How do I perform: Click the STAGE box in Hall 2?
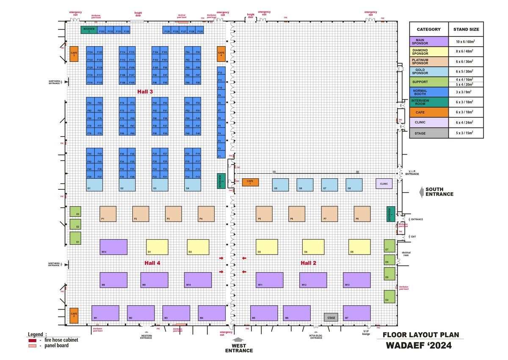coord(331,317)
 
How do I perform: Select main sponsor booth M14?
coord(113,247)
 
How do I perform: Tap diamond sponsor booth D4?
coord(313,247)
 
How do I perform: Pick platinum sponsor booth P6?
coord(297,214)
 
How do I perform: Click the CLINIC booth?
coord(384,183)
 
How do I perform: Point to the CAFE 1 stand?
coord(250,183)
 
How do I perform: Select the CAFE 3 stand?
coord(74,54)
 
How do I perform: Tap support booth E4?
coord(389,296)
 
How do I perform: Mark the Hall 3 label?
coord(145,91)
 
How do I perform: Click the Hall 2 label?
coord(309,263)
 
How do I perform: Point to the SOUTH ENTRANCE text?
coord(439,192)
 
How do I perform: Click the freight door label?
coord(138,14)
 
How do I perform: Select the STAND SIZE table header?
coord(466,30)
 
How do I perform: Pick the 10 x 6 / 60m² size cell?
coord(466,42)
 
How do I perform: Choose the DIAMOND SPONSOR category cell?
coord(428,52)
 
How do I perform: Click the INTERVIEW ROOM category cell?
coord(428,103)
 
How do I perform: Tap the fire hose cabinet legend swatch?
coord(31,340)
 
